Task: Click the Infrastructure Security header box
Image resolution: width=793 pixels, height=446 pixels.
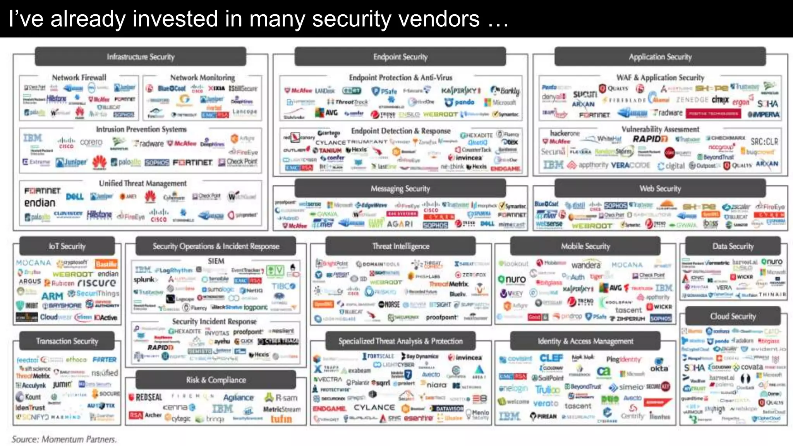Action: point(141,57)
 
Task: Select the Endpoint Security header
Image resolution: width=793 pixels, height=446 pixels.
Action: point(400,57)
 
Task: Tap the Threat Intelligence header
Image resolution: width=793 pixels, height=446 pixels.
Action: point(400,246)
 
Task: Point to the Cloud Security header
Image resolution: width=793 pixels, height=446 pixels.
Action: point(733,316)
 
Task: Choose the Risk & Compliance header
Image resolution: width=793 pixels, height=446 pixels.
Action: point(216,380)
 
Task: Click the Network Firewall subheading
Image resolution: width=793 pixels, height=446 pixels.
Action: point(79,77)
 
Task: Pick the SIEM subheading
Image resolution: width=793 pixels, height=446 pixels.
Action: point(216,261)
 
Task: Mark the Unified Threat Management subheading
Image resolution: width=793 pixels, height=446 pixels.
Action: point(142,183)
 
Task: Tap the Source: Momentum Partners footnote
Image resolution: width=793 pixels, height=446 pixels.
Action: point(64,439)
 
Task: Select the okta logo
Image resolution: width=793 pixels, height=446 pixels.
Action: point(659,368)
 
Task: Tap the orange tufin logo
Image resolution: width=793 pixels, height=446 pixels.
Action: point(281,419)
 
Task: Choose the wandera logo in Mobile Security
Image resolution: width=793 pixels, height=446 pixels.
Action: point(586,265)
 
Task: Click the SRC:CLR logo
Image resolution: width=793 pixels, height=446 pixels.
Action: point(764,141)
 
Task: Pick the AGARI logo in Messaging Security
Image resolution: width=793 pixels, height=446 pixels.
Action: point(400,224)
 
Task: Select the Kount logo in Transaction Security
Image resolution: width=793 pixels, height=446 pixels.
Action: point(29,397)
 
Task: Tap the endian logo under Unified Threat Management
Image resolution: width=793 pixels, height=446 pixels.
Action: point(39,202)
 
